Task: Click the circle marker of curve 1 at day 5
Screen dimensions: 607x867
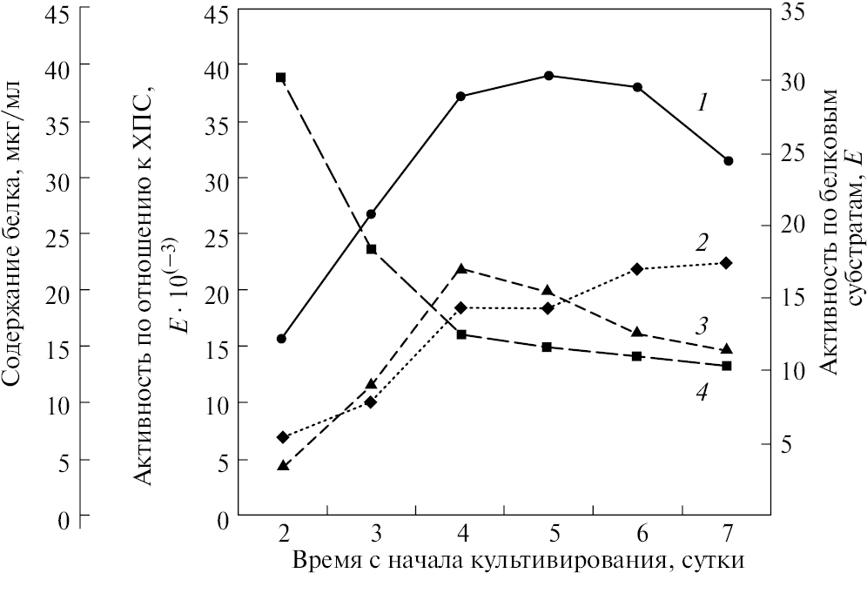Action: coord(548,76)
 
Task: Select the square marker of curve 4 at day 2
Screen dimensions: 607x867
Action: coord(281,78)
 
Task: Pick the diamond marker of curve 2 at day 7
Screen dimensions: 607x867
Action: coord(727,263)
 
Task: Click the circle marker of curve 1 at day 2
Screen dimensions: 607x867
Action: coord(281,338)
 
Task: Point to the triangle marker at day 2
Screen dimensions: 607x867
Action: coord(282,466)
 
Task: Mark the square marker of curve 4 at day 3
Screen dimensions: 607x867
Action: coord(371,249)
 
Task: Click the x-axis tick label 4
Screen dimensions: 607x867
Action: coord(461,532)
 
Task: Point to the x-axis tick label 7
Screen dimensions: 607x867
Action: coord(729,532)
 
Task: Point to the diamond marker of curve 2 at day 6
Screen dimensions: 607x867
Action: coord(637,269)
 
